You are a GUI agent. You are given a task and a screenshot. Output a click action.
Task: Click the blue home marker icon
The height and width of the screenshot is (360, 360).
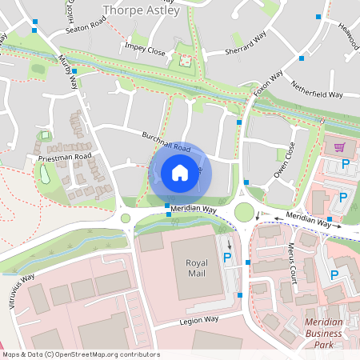[x=180, y=173]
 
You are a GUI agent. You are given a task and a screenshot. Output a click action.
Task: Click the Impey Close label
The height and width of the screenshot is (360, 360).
[x=145, y=50]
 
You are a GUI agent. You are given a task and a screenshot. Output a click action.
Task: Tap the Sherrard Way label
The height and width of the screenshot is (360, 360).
[x=246, y=47]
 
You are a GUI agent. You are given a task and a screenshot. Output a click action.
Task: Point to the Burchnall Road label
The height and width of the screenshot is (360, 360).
[x=166, y=142]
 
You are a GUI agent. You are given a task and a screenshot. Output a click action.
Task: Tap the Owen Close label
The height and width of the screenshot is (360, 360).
[x=285, y=159]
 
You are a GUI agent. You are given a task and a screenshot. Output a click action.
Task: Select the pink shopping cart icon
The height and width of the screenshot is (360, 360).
[x=339, y=147]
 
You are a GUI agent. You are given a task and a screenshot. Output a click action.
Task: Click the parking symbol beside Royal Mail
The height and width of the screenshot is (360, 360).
[x=227, y=258]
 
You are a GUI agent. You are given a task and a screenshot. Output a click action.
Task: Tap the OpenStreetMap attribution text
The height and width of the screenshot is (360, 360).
[x=80, y=354]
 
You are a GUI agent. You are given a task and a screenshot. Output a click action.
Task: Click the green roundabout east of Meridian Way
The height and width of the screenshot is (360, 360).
[x=244, y=212]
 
